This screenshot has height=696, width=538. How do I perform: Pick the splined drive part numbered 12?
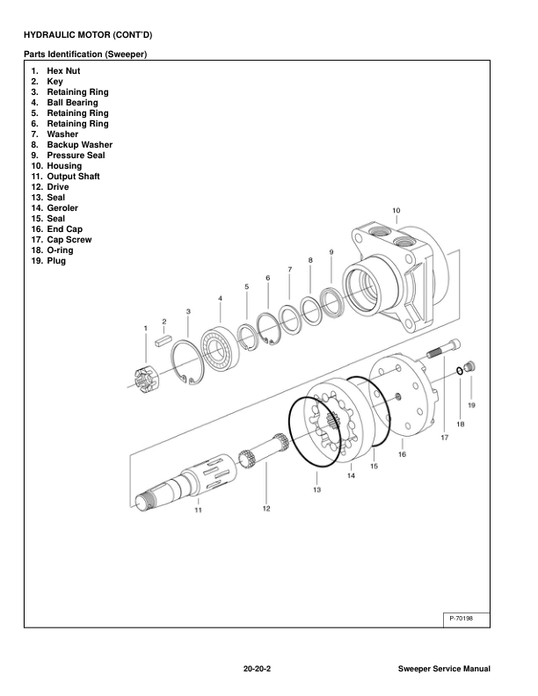(264, 456)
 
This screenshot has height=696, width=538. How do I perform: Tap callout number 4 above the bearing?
(220, 299)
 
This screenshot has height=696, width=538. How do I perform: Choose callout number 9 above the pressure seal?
(331, 252)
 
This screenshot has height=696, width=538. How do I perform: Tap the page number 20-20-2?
(257, 670)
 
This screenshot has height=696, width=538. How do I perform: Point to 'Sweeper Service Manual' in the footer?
(444, 670)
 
